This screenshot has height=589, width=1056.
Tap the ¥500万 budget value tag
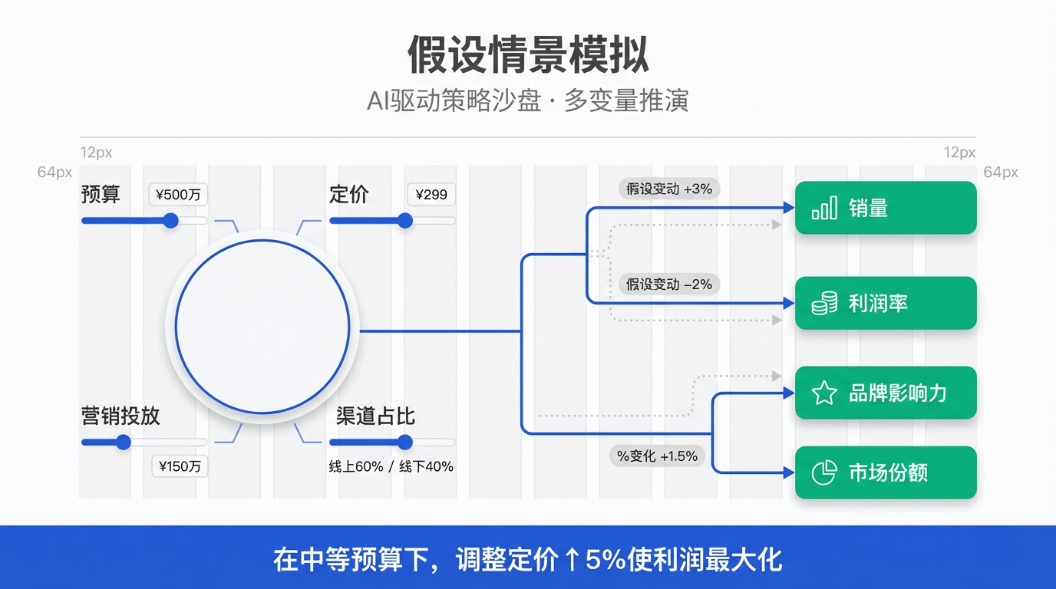[x=178, y=195]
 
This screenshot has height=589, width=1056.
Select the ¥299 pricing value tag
[x=431, y=195]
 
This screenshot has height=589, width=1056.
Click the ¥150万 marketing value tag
[x=180, y=466]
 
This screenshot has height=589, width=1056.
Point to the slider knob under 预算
[x=170, y=221]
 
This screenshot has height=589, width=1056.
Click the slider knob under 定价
[x=405, y=221]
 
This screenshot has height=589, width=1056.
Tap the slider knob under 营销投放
[x=123, y=442]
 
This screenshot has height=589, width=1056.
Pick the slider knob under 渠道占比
[x=405, y=442]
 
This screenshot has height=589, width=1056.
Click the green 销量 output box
[x=885, y=208]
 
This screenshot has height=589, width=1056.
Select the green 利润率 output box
[x=885, y=304]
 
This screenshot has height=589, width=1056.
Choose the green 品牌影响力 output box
[x=885, y=393]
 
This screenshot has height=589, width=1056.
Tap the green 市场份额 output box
[x=885, y=472]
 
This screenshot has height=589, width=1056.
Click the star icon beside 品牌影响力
[x=823, y=393]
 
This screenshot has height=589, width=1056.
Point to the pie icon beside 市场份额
[x=823, y=472]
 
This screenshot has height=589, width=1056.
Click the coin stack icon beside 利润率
[x=823, y=304]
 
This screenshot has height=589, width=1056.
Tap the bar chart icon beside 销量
[x=823, y=209]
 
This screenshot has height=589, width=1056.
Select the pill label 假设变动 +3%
[x=669, y=189]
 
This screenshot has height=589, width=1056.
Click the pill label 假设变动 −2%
[x=669, y=285]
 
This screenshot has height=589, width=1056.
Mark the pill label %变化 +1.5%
[x=658, y=456]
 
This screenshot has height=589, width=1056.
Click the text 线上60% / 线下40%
[x=391, y=466]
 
